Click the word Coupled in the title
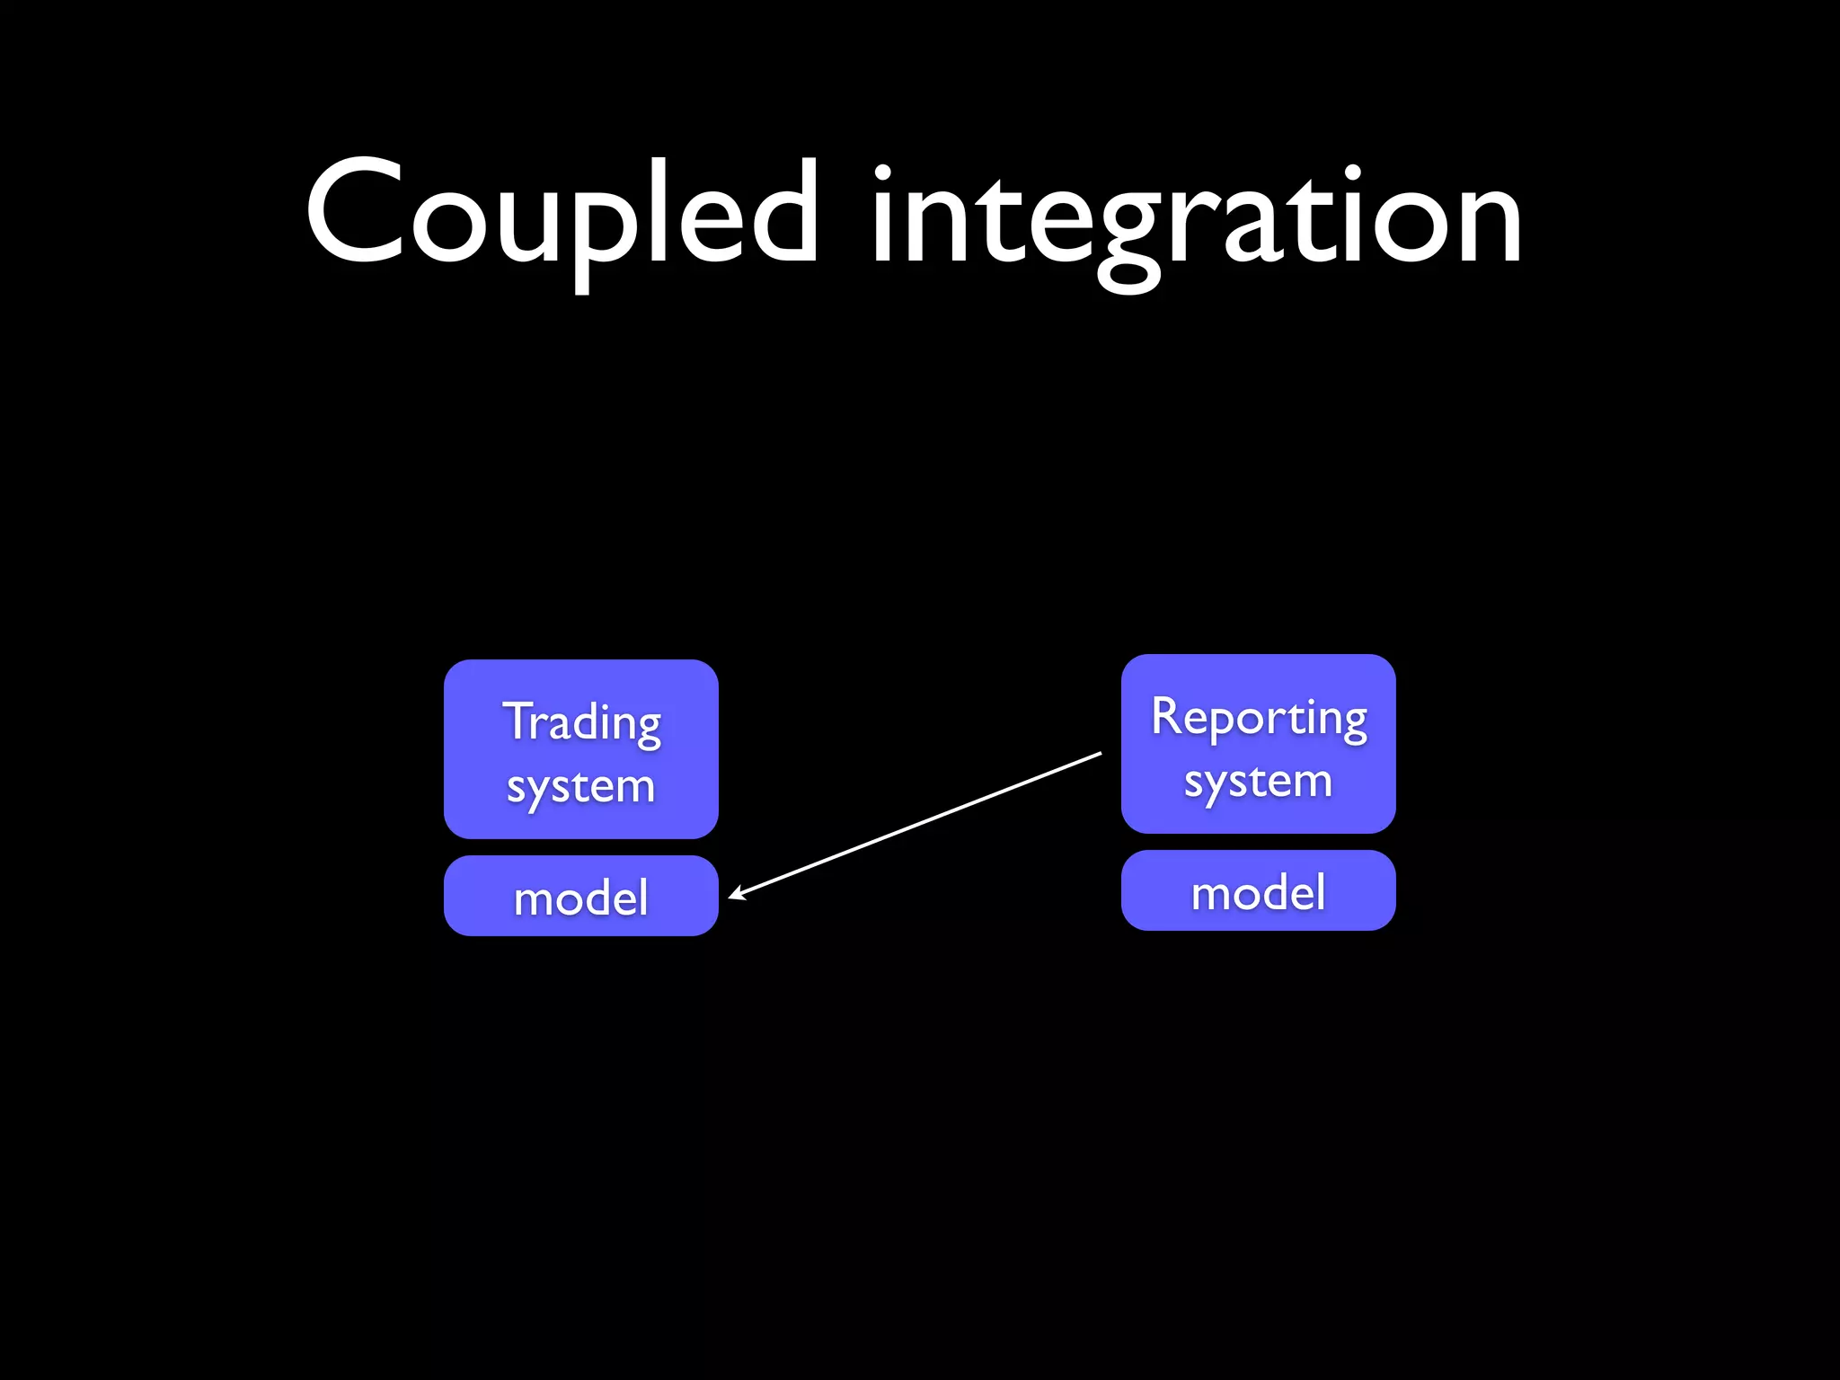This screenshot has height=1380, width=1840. [562, 216]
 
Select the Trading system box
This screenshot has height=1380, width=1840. [580, 748]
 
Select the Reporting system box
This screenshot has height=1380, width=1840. [1258, 744]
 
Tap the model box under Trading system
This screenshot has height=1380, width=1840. [580, 896]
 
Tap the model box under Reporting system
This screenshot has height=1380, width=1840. [1258, 890]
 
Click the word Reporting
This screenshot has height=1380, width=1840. [1259, 718]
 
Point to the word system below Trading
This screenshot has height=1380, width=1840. [580, 787]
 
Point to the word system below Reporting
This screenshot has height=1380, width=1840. [1258, 782]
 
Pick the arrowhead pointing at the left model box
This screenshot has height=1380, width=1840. [736, 894]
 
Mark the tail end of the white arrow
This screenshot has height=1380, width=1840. [1100, 754]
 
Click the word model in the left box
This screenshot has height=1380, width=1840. [580, 898]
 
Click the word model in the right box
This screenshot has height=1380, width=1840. [1258, 892]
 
